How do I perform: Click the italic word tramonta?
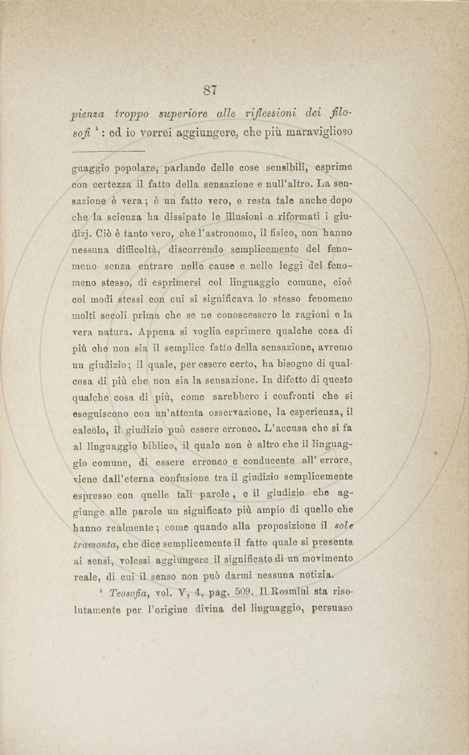click(96, 543)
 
